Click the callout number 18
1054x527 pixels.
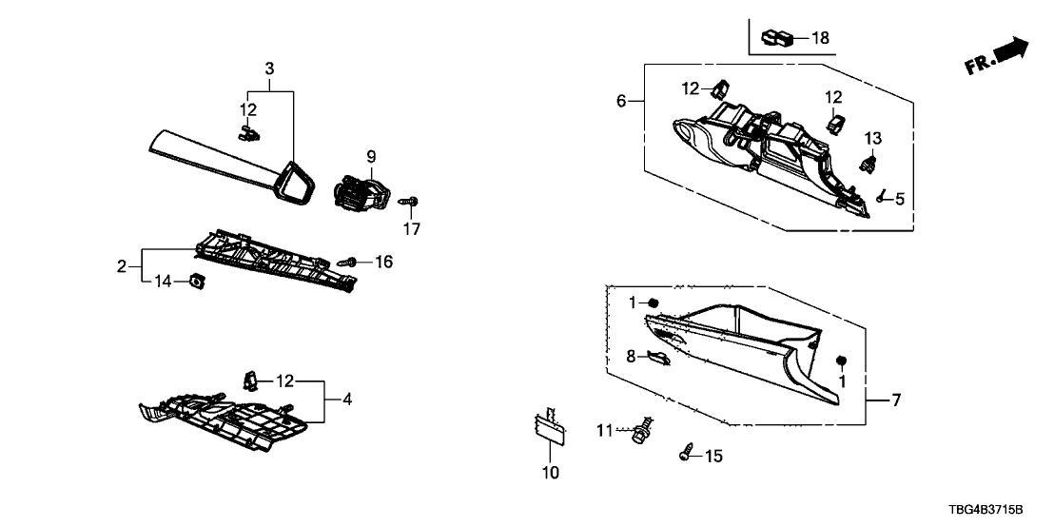click(x=820, y=39)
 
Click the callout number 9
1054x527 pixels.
click(x=371, y=155)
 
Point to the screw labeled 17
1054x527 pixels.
click(x=410, y=201)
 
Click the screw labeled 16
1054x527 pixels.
click(x=347, y=260)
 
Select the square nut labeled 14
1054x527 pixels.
click(x=197, y=281)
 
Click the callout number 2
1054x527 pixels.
click(x=122, y=266)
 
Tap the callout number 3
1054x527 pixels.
click(x=269, y=68)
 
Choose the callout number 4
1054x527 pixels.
click(x=347, y=400)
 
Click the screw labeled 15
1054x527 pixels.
click(x=685, y=455)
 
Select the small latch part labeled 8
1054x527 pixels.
click(x=657, y=358)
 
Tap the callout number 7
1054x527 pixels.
click(x=894, y=400)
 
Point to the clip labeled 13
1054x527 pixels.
click(x=868, y=163)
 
